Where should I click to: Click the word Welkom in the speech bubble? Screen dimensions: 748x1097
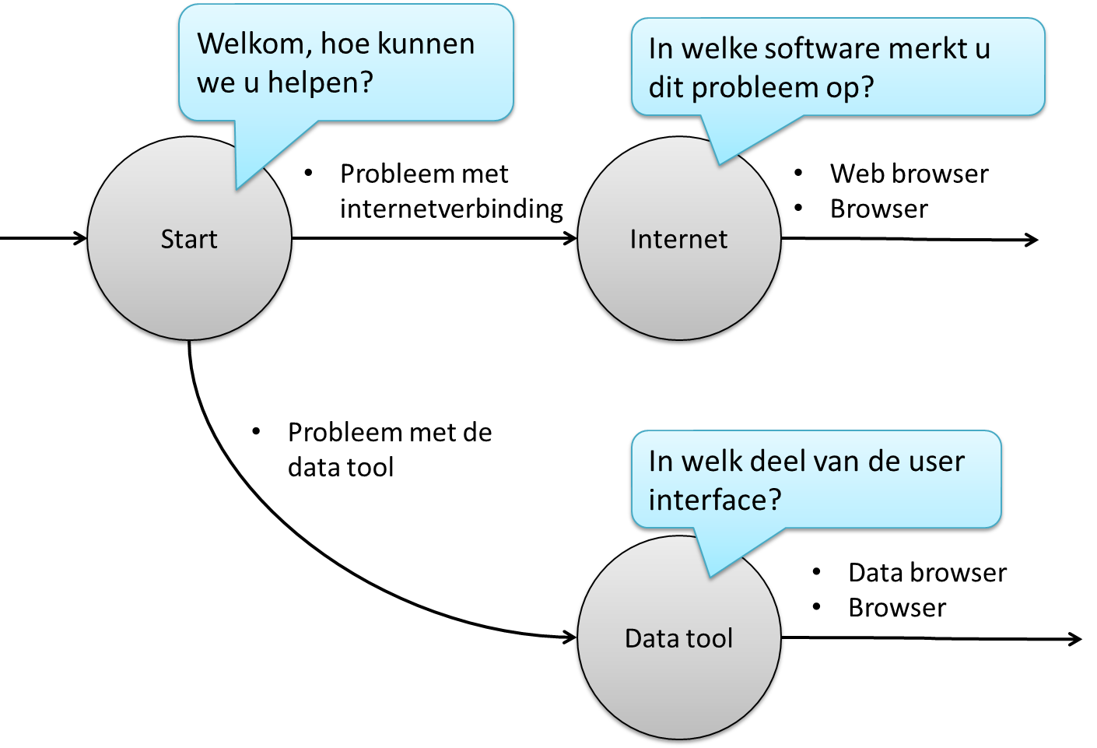(254, 44)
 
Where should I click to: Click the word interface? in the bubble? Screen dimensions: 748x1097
(714, 500)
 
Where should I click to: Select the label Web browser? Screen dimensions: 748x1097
(909, 174)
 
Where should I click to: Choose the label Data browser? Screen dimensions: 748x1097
(927, 573)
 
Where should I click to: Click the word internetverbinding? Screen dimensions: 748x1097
(451, 209)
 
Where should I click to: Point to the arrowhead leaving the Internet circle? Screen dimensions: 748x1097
(1032, 240)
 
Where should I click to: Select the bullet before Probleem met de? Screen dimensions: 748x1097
(256, 431)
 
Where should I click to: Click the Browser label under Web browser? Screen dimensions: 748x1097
(878, 209)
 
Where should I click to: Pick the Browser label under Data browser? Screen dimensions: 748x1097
(897, 608)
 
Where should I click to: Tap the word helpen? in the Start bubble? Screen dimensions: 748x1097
(320, 83)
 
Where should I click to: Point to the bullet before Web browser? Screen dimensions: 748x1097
(798, 173)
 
